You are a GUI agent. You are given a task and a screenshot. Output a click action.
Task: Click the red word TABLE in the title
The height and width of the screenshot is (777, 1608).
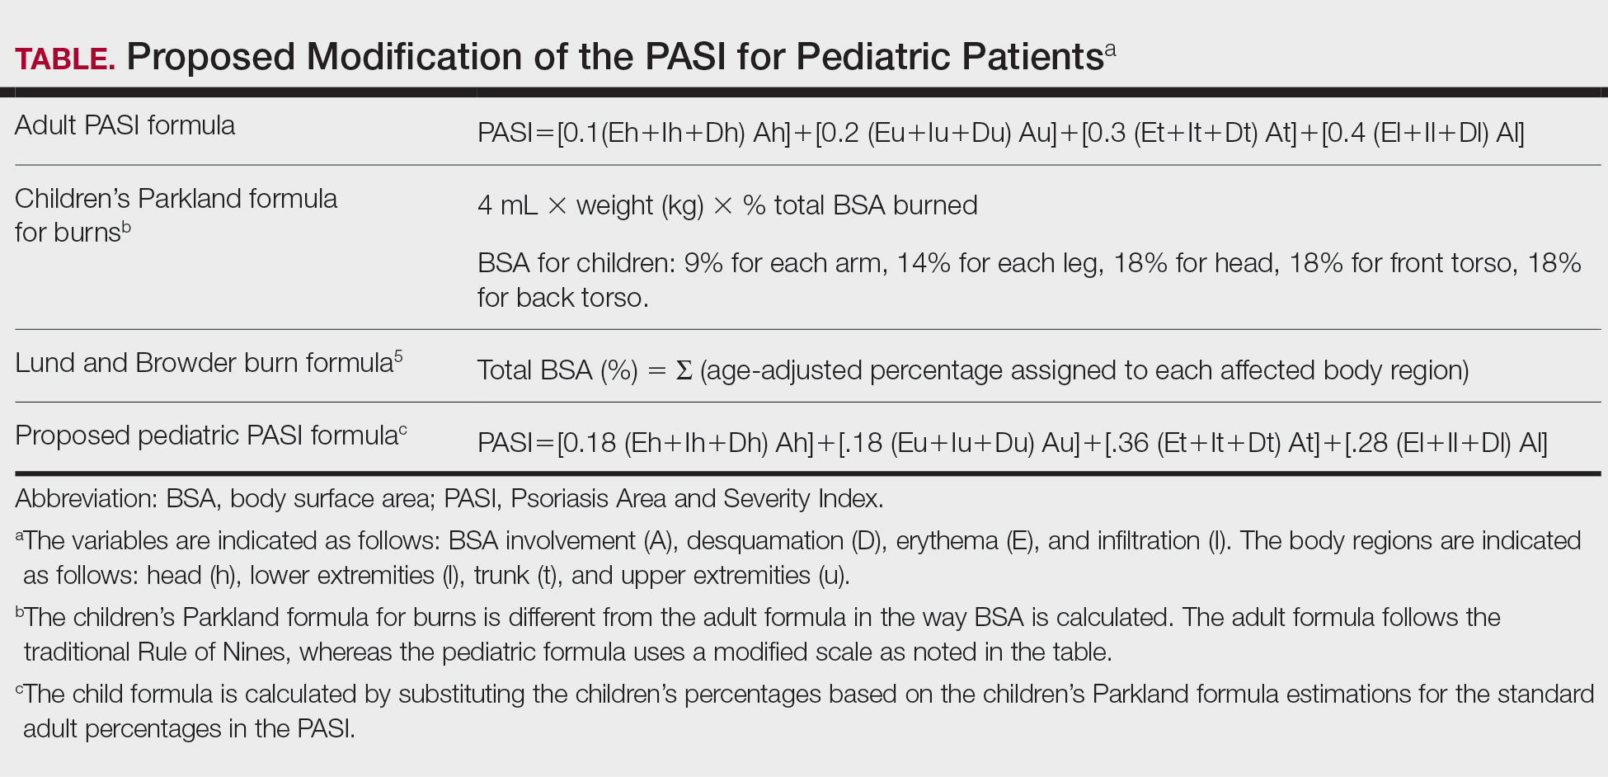(64, 59)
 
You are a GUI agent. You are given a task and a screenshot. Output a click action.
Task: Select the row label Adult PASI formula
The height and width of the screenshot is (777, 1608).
(125, 125)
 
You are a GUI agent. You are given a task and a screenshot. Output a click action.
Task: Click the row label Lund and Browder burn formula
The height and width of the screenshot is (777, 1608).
(204, 363)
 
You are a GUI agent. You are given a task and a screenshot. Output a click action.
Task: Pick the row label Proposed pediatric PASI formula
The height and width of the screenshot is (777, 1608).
(206, 436)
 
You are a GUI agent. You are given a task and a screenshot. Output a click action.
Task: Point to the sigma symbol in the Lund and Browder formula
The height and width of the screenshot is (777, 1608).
(684, 370)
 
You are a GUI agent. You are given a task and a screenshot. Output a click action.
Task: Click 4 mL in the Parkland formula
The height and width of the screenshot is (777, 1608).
(507, 205)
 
